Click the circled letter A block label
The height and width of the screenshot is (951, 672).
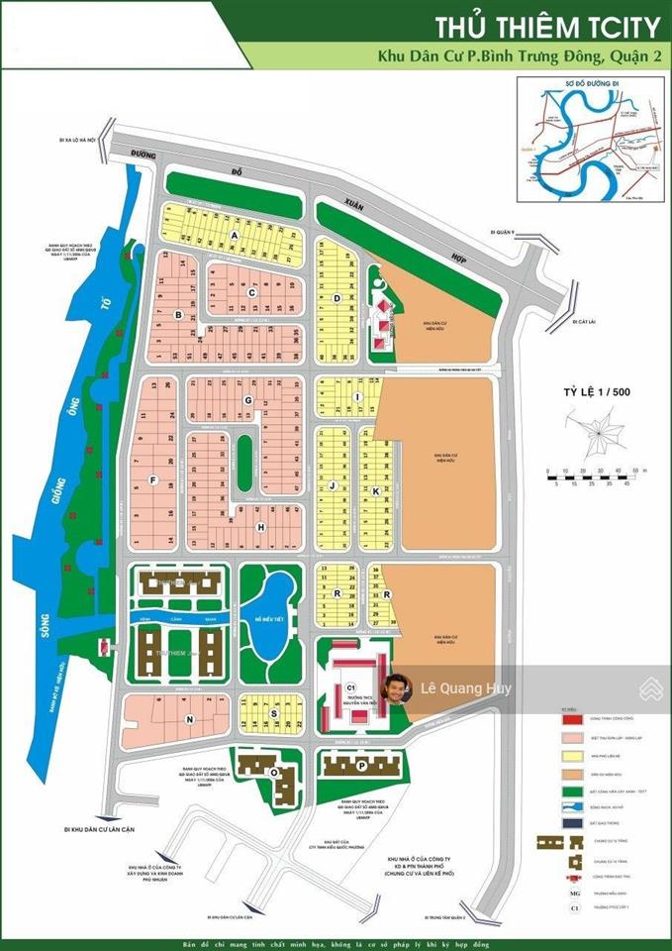point(235,235)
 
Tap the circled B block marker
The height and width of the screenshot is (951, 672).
point(178,315)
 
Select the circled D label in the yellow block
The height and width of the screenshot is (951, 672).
point(337,297)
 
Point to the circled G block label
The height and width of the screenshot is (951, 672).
point(248,399)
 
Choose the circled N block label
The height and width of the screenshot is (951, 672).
point(190,718)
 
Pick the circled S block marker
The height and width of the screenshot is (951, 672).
point(273,713)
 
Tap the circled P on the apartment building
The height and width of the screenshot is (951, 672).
point(362,766)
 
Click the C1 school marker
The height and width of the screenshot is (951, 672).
point(350,686)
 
